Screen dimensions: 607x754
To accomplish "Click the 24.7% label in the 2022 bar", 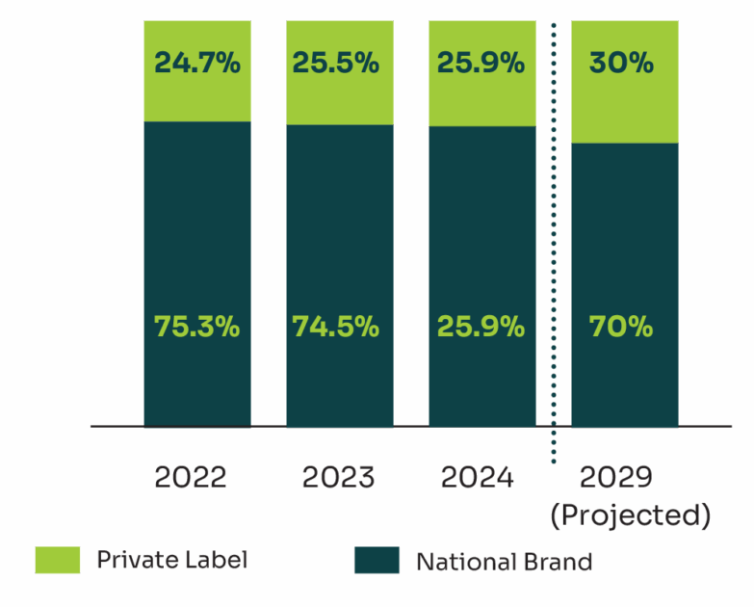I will tap(196, 64).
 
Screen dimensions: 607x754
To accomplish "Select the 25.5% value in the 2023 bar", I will tap(335, 64).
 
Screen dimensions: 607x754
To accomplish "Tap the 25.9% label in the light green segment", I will tap(481, 64).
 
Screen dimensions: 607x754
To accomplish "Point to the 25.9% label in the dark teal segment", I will tap(481, 327).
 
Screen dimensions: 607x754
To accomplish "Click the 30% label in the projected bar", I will tap(621, 64).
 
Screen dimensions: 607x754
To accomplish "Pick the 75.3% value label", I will tap(196, 327).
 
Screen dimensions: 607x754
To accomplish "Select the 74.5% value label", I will tap(335, 327).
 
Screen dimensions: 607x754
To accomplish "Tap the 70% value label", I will tap(621, 327).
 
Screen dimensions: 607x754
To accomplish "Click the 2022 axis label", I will tap(191, 477).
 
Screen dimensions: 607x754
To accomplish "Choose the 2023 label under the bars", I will tap(338, 477).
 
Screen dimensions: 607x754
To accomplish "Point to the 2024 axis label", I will tap(477, 477).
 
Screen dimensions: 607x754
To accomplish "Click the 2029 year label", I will tap(616, 477).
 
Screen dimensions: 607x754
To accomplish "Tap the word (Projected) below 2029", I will tap(630, 515).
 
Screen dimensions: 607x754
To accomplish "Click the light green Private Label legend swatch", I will tap(58, 560).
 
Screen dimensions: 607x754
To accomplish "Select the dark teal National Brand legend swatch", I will tap(377, 560).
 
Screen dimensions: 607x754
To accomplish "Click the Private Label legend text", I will tap(171, 560).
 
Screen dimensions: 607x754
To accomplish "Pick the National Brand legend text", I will tap(505, 561).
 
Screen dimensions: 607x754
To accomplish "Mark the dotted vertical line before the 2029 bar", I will tap(554, 241).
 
